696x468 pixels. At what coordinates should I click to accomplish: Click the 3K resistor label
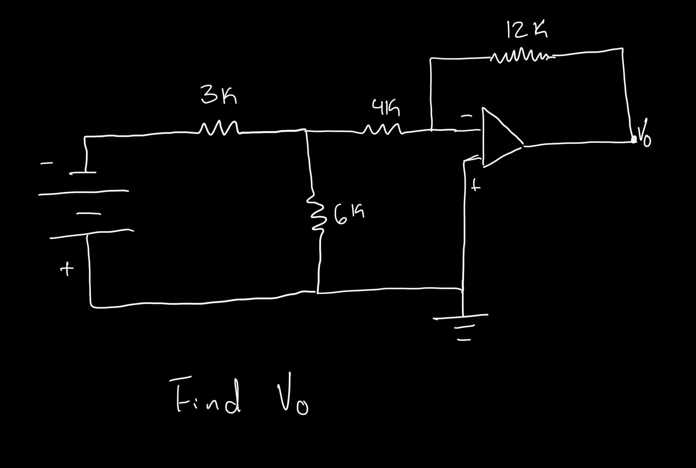tap(219, 95)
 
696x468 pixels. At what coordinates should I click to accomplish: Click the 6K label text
tap(348, 214)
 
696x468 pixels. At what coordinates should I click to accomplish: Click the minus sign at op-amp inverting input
tap(466, 115)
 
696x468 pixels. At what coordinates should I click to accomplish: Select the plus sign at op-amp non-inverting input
tap(476, 185)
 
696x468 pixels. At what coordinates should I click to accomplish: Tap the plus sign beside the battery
tap(66, 269)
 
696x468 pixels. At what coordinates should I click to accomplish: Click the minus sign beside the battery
tap(47, 163)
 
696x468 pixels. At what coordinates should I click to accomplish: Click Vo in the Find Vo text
tap(293, 395)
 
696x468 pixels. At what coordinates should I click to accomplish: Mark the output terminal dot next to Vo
tap(634, 139)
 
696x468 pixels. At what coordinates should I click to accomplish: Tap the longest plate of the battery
tap(83, 193)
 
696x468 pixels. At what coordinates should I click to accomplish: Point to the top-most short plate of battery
tap(83, 173)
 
